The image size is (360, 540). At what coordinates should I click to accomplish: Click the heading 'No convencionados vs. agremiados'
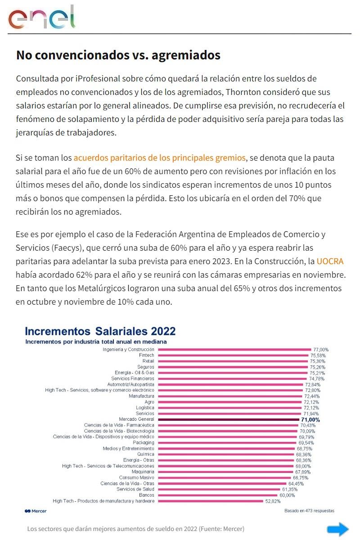[118, 55]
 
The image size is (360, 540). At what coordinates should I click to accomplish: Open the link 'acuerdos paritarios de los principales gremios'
[160, 157]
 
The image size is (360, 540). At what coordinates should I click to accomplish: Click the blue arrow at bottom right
[337, 529]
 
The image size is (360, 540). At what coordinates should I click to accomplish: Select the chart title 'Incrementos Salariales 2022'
[100, 332]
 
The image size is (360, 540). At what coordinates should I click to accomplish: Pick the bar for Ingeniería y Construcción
[234, 349]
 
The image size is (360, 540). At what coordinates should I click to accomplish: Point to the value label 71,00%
[310, 419]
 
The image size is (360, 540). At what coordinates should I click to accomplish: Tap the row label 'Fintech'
[146, 355]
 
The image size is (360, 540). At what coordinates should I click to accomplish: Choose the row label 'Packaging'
[143, 443]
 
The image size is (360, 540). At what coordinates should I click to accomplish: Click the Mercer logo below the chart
[36, 511]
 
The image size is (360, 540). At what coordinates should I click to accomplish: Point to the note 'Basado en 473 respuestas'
[309, 511]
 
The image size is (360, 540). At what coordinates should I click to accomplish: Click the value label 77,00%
[321, 349]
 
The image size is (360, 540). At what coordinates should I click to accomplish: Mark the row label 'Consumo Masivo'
[136, 477]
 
